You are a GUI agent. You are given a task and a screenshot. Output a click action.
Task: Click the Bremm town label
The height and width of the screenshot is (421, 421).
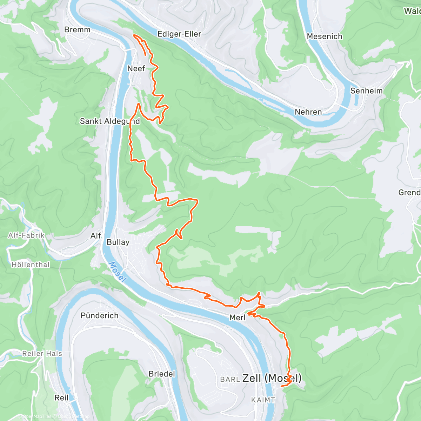[x=77, y=30]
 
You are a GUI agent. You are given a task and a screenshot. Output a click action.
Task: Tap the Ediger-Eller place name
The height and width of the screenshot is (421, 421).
[x=179, y=34]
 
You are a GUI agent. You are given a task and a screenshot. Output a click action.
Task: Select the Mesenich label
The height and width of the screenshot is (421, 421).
[x=325, y=36]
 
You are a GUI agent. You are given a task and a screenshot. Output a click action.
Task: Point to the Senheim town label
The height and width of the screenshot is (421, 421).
[x=366, y=91]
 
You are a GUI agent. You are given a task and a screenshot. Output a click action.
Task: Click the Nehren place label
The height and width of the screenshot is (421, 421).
[x=308, y=112]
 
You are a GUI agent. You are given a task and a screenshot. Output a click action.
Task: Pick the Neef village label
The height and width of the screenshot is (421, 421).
[x=136, y=68]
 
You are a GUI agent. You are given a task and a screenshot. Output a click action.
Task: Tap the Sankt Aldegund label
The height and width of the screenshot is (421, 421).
[x=110, y=121]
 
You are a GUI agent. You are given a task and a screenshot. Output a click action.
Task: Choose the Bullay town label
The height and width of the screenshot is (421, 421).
[x=118, y=242]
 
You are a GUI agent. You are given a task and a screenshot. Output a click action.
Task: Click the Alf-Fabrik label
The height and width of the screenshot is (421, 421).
[x=26, y=235]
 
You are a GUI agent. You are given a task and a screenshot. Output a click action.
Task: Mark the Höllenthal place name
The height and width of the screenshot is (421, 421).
[x=31, y=265]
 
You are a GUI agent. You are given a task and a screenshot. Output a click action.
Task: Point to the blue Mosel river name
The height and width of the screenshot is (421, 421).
[x=117, y=272]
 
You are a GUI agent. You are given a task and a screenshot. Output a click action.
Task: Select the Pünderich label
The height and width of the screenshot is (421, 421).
[x=100, y=316]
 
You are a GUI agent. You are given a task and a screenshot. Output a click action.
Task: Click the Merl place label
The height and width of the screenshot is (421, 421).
[x=237, y=318]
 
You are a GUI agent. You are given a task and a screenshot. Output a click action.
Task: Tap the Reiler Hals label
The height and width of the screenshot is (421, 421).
[x=42, y=354]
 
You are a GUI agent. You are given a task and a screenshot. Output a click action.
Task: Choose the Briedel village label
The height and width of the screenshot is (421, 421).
[x=162, y=374]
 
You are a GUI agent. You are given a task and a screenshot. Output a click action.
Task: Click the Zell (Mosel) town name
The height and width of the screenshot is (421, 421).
[x=272, y=378]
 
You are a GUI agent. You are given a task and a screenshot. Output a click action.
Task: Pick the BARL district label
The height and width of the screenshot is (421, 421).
[x=230, y=380]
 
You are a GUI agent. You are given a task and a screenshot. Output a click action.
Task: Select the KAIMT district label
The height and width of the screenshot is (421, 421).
[x=263, y=400]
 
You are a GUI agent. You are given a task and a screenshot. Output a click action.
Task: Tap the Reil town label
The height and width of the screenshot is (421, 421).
[x=62, y=398]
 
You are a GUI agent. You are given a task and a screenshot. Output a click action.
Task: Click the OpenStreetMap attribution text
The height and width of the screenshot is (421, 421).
[x=74, y=416]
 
